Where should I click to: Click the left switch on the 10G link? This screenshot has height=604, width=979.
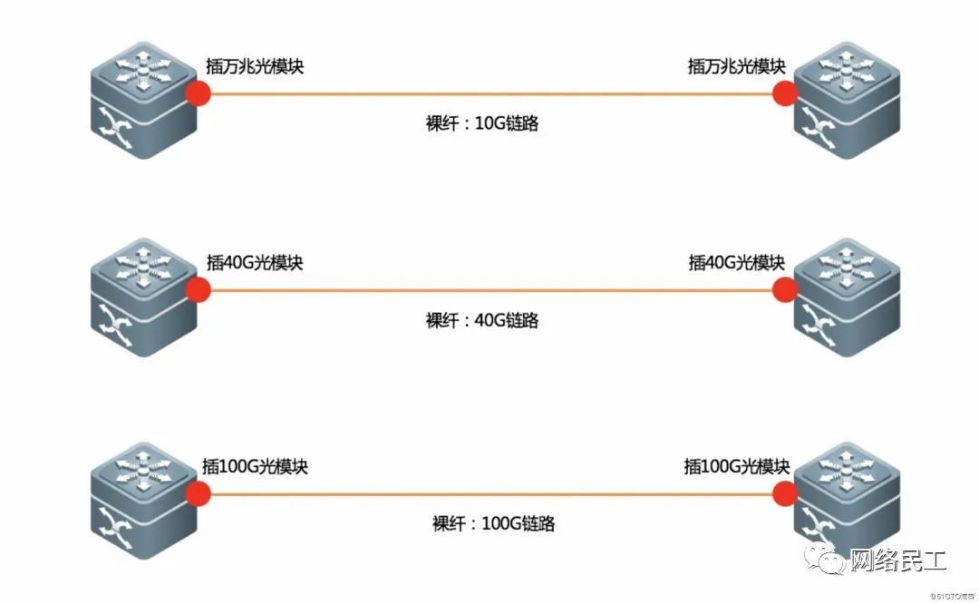pyautogui.click(x=144, y=99)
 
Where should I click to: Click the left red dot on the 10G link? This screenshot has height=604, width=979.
pyautogui.click(x=198, y=93)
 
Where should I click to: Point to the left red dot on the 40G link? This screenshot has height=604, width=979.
pyautogui.click(x=198, y=290)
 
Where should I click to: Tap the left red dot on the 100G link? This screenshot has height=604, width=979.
pyautogui.click(x=198, y=492)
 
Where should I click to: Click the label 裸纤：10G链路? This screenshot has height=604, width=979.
pyautogui.click(x=481, y=123)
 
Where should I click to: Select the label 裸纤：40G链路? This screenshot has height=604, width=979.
pyautogui.click(x=481, y=320)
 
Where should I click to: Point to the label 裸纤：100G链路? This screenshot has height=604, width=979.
pyautogui.click(x=493, y=523)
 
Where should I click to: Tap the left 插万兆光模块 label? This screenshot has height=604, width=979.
pyautogui.click(x=253, y=66)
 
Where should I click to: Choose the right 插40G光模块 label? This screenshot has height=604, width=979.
pyautogui.click(x=736, y=263)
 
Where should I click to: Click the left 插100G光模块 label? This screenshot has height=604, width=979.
pyautogui.click(x=256, y=466)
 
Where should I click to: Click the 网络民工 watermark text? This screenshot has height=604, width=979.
pyautogui.click(x=897, y=562)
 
